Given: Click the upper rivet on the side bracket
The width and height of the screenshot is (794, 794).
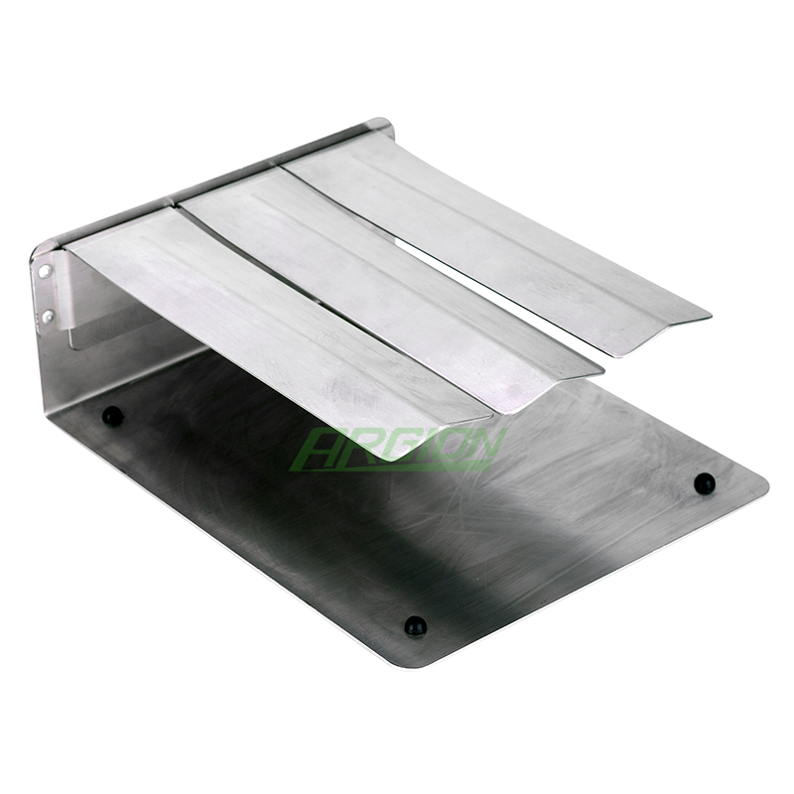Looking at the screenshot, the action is coord(45,271).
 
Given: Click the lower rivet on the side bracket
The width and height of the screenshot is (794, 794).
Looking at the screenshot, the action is coord(48,317).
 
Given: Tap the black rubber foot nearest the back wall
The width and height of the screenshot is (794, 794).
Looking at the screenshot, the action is coord(112,416).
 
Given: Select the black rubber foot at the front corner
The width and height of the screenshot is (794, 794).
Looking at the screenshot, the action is coord(415,626).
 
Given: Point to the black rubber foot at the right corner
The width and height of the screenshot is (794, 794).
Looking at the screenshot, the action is coord(705,483).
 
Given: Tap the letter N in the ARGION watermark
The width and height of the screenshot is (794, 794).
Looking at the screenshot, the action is coord(481,448).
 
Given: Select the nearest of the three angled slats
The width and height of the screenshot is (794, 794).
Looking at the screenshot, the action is coord(274,325).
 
